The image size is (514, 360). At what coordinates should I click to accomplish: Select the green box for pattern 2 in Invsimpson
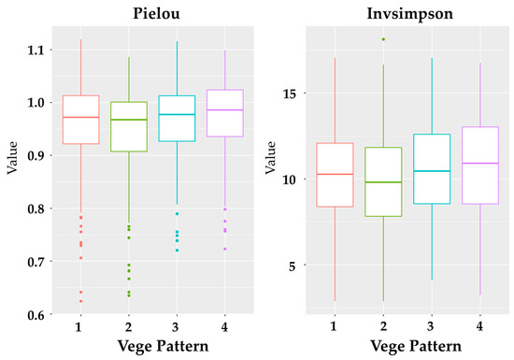[x=382, y=182]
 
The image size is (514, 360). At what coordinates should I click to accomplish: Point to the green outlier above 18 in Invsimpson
[x=382, y=39]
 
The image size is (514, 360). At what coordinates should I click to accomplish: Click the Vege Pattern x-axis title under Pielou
[x=152, y=347]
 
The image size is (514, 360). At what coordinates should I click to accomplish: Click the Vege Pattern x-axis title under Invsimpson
[x=407, y=347]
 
